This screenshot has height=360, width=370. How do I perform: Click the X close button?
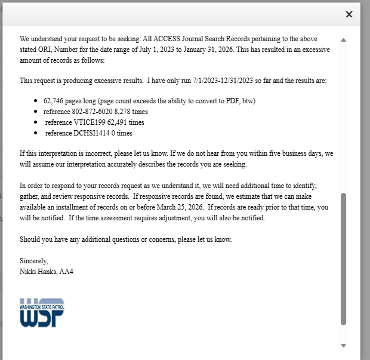[349, 14]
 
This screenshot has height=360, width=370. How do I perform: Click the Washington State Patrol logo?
[42, 312]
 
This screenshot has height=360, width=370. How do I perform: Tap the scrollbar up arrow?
[343, 40]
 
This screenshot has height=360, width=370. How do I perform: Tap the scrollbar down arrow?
[343, 345]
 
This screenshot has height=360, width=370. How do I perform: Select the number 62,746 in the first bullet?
[55, 101]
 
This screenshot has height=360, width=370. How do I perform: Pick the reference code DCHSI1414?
[92, 133]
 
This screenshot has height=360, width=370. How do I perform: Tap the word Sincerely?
[33, 261]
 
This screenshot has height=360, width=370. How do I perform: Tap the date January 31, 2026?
[208, 50]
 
